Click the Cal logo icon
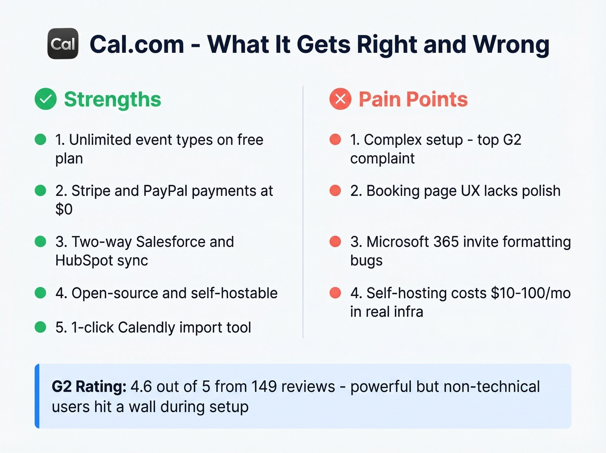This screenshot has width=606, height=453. (x=63, y=44)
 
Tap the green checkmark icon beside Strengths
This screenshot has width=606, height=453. (x=45, y=99)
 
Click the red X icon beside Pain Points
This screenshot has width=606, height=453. (x=340, y=99)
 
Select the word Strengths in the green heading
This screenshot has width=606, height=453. (x=113, y=99)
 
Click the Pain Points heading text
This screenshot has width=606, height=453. (x=413, y=99)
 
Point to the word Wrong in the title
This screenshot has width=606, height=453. (x=511, y=44)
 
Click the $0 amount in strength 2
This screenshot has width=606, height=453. (x=64, y=209)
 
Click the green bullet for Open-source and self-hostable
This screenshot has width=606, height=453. (x=40, y=293)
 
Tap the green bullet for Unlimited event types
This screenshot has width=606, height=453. (x=40, y=140)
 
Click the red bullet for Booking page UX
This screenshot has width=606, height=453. (x=335, y=191)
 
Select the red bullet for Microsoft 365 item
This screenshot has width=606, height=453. (x=335, y=241)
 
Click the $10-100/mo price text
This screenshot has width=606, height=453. (x=531, y=293)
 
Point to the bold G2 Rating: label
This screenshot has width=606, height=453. (x=89, y=386)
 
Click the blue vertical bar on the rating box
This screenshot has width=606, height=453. (x=37, y=396)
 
